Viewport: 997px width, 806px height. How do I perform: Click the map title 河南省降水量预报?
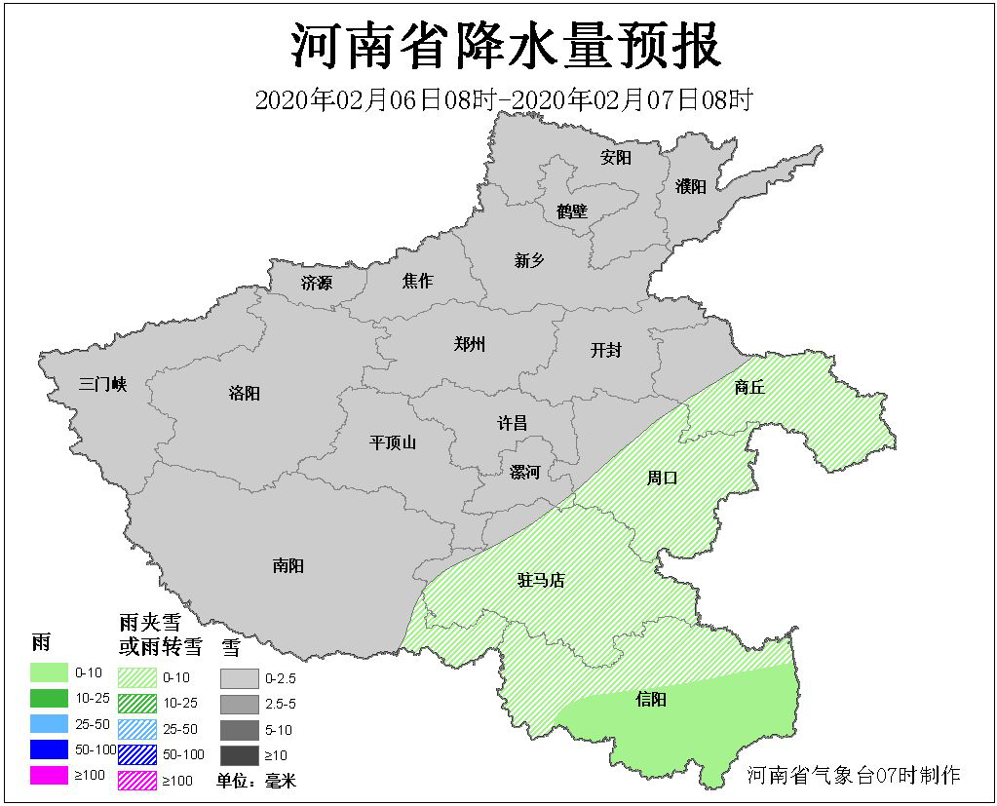(506, 46)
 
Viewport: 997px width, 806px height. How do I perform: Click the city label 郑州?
(470, 344)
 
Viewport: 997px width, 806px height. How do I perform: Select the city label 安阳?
(616, 158)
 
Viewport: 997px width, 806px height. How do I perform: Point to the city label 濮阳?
(690, 187)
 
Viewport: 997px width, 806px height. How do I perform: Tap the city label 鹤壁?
(572, 211)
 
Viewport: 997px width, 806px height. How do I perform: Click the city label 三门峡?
(103, 384)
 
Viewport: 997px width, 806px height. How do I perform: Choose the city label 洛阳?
(245, 394)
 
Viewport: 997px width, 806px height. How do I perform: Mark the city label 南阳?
(288, 565)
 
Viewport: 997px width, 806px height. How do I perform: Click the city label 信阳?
(650, 699)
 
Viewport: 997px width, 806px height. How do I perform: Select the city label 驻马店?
(541, 581)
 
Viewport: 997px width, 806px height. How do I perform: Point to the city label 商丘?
(749, 387)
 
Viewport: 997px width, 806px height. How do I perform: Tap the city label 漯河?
(524, 473)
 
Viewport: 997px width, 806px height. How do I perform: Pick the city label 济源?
(317, 284)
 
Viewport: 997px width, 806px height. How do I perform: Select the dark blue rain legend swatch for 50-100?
(50, 750)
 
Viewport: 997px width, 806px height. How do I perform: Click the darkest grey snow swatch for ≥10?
(240, 755)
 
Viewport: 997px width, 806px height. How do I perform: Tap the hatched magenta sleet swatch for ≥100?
(137, 780)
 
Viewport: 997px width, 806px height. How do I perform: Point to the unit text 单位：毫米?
(255, 781)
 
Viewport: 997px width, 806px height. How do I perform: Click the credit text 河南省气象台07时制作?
(854, 775)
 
